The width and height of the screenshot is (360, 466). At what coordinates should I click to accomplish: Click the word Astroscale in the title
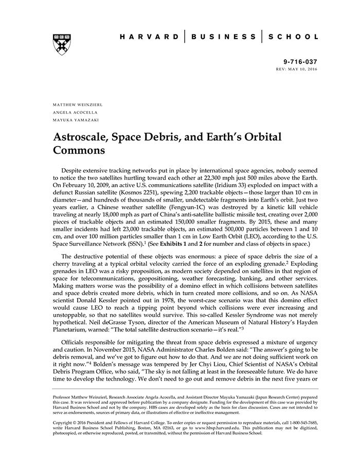[84, 138]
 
